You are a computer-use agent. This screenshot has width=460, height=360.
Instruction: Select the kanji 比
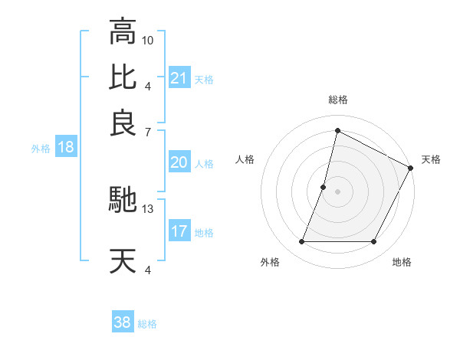(x=123, y=77)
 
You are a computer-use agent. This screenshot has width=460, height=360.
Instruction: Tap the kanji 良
(x=123, y=123)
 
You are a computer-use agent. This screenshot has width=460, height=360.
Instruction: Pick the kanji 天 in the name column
(x=123, y=261)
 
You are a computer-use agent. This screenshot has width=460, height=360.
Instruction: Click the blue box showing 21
(x=179, y=77)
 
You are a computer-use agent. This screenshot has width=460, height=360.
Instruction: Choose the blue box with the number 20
(x=179, y=162)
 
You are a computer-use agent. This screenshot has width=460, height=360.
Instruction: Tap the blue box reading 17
(x=179, y=231)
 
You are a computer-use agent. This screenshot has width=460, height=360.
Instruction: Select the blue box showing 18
(x=65, y=147)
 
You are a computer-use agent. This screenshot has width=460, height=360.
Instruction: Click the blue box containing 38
(x=122, y=322)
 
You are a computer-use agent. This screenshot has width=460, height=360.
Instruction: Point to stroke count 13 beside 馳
(x=148, y=208)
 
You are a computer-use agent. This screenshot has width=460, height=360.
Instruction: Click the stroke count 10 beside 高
(x=148, y=39)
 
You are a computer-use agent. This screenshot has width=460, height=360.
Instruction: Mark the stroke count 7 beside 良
(x=148, y=131)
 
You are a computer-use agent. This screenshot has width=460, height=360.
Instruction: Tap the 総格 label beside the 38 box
(x=147, y=324)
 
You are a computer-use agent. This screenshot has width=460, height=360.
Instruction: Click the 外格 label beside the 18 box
(x=41, y=149)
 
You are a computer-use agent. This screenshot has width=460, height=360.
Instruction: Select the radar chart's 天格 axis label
(x=431, y=159)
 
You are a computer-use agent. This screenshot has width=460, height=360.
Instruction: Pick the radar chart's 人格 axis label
(x=245, y=159)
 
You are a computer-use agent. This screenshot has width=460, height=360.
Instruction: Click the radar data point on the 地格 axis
(x=374, y=242)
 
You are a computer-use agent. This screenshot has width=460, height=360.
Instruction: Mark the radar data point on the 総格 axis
(x=337, y=130)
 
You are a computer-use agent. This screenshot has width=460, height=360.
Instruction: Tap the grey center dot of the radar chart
(x=337, y=191)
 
